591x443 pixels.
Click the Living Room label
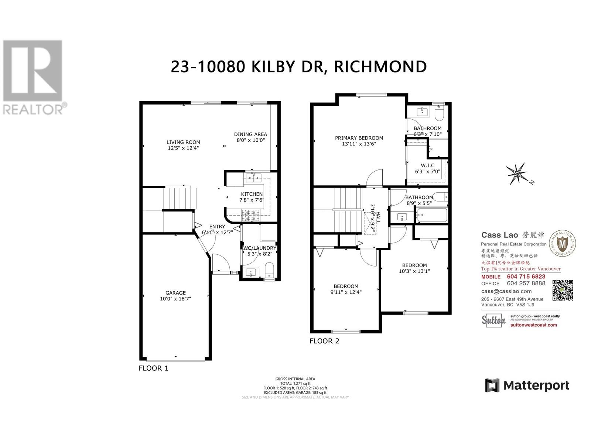(183, 142)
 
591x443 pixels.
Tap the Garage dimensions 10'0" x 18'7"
(175, 299)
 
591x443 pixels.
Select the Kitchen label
(252, 194)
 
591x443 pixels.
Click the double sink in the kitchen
(253, 178)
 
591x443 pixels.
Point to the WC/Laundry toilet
(269, 270)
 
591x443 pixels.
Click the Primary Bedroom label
(359, 138)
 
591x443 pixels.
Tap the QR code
(562, 290)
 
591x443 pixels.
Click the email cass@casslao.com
(506, 291)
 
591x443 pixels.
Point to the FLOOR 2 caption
(324, 341)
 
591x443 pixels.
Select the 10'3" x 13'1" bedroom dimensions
(414, 271)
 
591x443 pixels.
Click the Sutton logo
(493, 320)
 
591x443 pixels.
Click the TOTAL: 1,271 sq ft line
(295, 384)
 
